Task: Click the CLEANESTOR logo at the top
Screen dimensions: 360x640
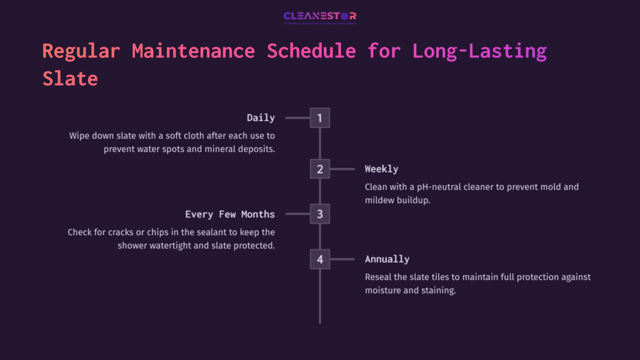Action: click(x=319, y=16)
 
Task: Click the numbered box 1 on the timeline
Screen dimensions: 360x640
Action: click(x=319, y=117)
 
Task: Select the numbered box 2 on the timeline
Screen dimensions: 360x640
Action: click(x=319, y=169)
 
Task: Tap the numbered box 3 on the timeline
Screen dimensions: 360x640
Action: click(x=319, y=214)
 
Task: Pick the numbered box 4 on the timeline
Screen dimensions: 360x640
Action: click(x=319, y=259)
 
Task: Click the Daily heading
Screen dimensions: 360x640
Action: click(x=261, y=117)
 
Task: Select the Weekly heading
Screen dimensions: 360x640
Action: click(x=381, y=169)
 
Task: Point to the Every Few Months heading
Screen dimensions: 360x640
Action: click(x=230, y=214)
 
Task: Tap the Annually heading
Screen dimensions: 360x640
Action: click(x=387, y=259)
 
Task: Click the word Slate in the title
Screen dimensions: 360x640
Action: click(x=70, y=79)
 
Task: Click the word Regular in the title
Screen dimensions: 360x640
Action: click(x=81, y=51)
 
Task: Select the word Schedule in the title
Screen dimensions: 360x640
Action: click(x=312, y=51)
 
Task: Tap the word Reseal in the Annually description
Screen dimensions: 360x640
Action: click(x=380, y=277)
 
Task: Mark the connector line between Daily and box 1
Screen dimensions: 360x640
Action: click(x=297, y=117)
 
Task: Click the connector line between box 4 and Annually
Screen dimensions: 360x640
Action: click(x=342, y=259)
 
